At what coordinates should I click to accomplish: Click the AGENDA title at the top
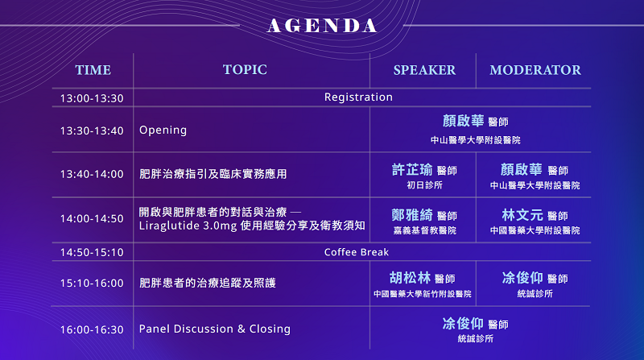322,26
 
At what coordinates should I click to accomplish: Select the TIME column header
93,70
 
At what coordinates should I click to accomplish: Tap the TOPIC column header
245,70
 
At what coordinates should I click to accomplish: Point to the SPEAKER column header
425,70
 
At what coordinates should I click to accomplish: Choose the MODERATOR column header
535,70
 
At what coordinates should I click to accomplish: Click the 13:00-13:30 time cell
92,98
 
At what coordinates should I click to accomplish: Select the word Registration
358,97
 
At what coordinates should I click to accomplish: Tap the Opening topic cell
163,130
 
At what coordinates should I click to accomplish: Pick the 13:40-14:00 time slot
92,174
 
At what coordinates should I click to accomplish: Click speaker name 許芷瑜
412,169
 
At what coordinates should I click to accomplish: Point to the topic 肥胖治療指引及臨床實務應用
213,174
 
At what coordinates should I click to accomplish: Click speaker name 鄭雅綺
412,214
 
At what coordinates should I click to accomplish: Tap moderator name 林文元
522,214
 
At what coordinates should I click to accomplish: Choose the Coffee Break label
357,252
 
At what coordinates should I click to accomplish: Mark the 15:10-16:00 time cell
92,283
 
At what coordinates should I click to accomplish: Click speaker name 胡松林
410,278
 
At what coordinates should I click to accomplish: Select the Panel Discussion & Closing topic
215,329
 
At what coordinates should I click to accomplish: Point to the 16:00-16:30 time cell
92,329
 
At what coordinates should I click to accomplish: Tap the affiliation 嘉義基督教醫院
425,230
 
